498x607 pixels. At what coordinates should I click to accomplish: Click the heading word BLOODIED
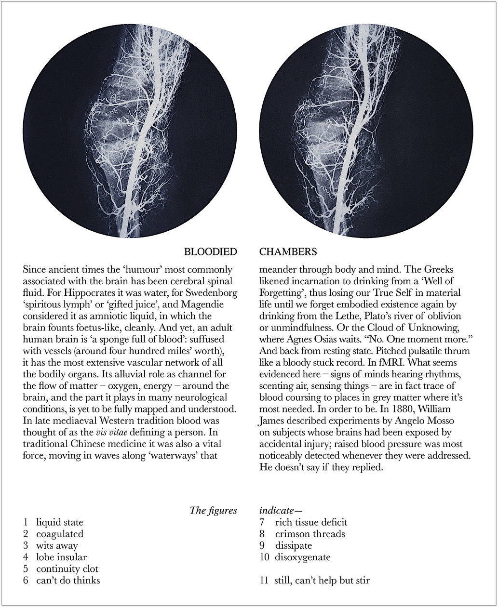[211, 252]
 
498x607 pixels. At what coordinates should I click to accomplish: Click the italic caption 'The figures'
[214, 511]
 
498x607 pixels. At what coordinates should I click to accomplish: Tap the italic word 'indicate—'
[281, 511]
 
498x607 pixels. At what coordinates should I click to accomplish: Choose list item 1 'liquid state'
[59, 522]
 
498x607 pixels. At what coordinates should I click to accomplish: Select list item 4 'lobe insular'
[61, 557]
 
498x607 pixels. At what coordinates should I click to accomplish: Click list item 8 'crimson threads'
[310, 534]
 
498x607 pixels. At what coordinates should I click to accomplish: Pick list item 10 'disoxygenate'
[303, 557]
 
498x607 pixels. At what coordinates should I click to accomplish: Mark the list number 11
[264, 581]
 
